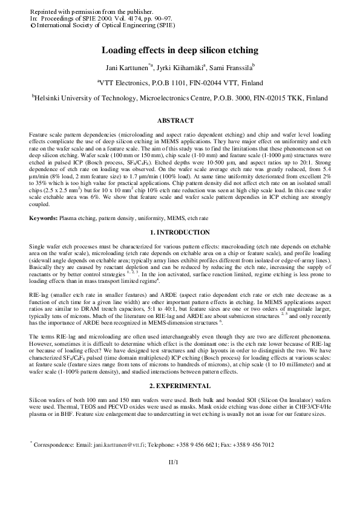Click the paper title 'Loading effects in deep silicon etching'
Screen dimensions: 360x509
180,51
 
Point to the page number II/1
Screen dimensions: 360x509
180,461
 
